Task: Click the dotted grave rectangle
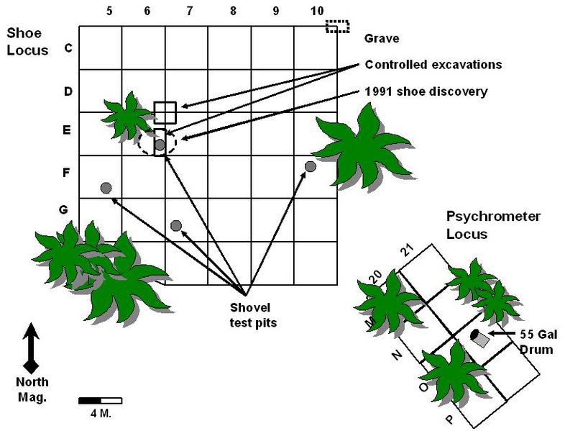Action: pyautogui.click(x=337, y=27)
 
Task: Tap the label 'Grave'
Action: pyautogui.click(x=381, y=38)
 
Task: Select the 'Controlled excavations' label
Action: pyautogui.click(x=433, y=65)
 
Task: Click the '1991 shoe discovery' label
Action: pyautogui.click(x=426, y=91)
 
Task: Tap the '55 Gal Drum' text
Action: pyautogui.click(x=536, y=342)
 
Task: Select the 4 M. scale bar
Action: pyautogui.click(x=100, y=400)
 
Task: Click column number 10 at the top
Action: pyautogui.click(x=316, y=12)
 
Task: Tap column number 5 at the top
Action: pyautogui.click(x=109, y=12)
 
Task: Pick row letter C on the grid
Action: pyautogui.click(x=68, y=48)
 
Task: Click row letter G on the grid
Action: pyautogui.click(x=64, y=210)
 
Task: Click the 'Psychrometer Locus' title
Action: pyautogui.click(x=492, y=224)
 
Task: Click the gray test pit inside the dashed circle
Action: pyautogui.click(x=160, y=145)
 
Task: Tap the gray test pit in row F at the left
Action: pyautogui.click(x=106, y=188)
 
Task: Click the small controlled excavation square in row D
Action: pyautogui.click(x=165, y=112)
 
